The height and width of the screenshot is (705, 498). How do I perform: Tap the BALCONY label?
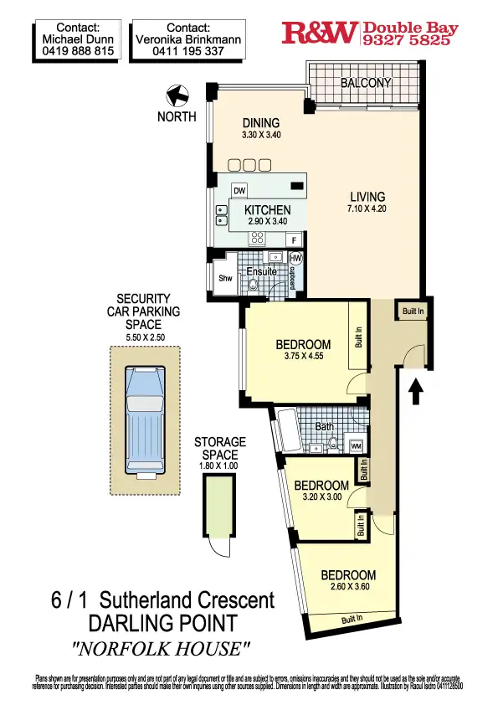point(366,83)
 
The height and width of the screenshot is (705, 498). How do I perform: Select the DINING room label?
point(261,123)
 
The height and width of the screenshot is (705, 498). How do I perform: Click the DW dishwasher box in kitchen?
point(239,190)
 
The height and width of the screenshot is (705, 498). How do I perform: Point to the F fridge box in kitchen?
point(294,239)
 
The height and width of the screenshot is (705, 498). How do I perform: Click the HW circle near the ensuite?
point(295,258)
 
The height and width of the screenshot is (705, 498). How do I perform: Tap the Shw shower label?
point(224,279)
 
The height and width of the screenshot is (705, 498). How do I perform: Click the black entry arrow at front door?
point(416,390)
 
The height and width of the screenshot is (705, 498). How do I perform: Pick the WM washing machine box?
point(356,445)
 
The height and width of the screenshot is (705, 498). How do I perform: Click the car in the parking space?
point(143,419)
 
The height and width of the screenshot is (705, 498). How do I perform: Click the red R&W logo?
point(321,33)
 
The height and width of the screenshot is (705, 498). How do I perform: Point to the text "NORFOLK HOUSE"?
point(162,647)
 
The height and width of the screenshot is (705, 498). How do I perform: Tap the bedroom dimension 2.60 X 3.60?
point(348,588)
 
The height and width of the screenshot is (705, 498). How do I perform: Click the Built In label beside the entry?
point(413,311)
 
